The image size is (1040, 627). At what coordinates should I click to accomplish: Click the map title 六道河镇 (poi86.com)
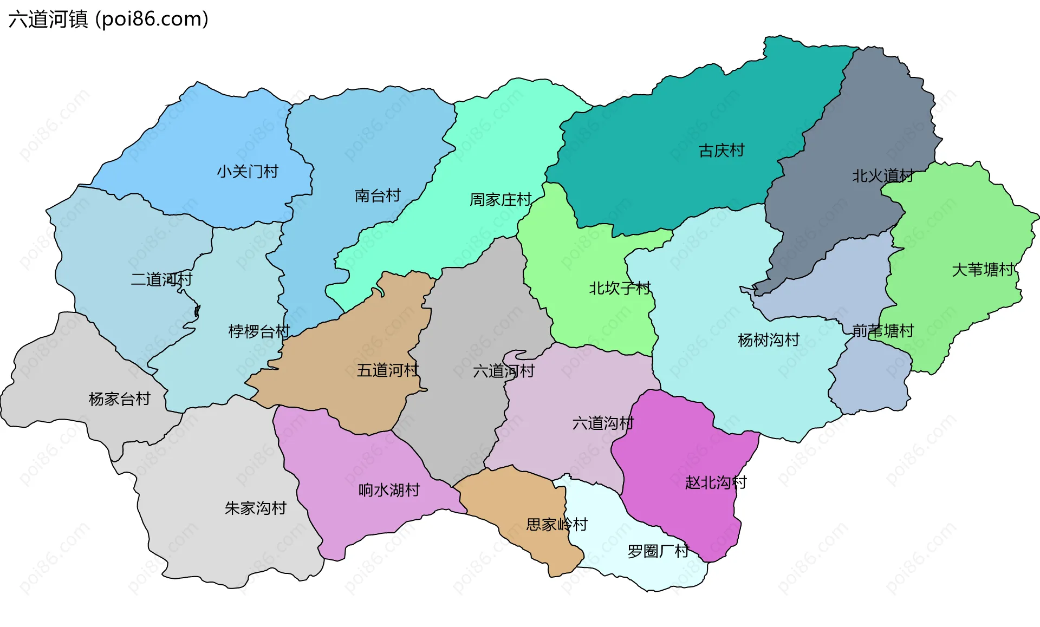coord(108,19)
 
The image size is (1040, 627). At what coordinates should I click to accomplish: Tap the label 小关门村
coord(248,172)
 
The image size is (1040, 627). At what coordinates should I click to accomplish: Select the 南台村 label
coord(378,195)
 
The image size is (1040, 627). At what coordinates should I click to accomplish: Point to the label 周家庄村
coord(500,200)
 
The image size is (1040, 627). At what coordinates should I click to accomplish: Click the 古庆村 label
coord(721,151)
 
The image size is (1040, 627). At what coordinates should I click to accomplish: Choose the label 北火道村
coord(883,176)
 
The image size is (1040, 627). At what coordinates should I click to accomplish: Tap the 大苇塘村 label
coord(983,270)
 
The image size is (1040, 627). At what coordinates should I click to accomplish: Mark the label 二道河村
coord(161,279)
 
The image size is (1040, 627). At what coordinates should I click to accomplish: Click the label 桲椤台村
coord(259,331)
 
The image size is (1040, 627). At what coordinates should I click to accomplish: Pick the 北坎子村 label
coord(620,288)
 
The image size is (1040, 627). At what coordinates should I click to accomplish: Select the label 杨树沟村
coord(769,340)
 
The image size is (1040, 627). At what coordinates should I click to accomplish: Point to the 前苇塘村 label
coord(883,330)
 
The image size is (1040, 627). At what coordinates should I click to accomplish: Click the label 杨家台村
coord(119,399)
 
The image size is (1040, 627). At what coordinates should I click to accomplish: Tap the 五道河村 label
coord(388,370)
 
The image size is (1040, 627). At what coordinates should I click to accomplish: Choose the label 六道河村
coord(504,371)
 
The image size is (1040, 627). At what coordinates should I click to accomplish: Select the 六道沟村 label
coord(603,423)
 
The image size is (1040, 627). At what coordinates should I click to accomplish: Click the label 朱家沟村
coord(255,508)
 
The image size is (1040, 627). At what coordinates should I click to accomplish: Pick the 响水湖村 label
coord(389,490)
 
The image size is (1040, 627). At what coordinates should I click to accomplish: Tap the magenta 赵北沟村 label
coord(716,482)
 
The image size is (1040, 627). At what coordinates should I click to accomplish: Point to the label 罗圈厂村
coord(658,551)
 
